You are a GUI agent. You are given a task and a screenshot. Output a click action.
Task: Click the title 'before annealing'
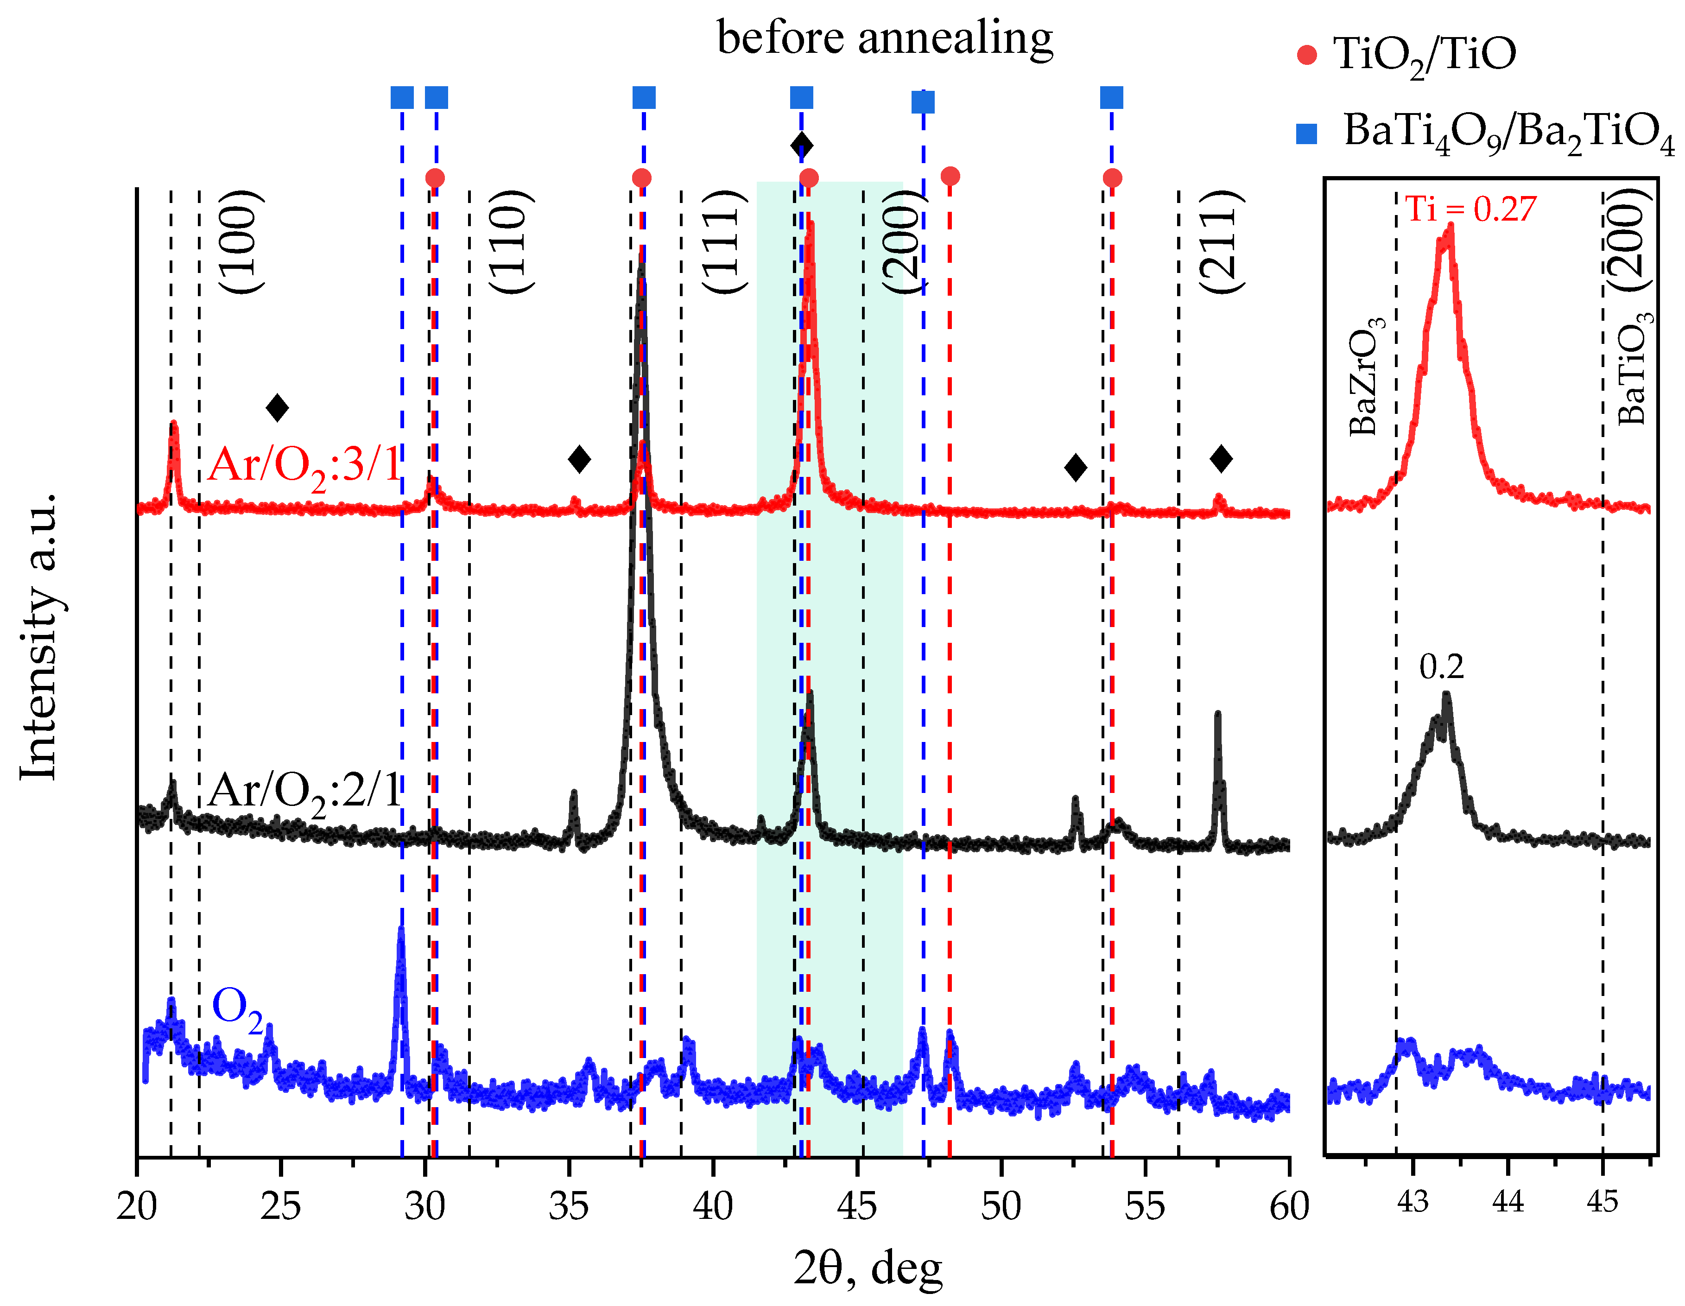885,38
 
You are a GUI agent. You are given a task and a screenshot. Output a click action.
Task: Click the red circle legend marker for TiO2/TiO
1307,55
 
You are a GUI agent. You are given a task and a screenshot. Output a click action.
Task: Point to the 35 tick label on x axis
569,1206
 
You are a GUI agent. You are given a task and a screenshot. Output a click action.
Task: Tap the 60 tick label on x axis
1288,1206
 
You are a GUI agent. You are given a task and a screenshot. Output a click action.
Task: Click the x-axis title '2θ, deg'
868,1268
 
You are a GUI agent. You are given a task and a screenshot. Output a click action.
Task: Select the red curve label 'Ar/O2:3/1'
305,466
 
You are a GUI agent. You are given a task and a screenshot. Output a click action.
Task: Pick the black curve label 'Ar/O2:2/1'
305,792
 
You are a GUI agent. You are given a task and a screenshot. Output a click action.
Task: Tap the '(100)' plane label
241,241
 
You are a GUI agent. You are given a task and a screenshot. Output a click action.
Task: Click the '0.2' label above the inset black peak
1441,666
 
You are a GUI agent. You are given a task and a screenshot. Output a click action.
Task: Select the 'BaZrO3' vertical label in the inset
1366,376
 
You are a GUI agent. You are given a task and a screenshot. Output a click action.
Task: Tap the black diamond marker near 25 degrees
277,407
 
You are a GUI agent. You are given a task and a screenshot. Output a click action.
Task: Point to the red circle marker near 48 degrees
950,176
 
